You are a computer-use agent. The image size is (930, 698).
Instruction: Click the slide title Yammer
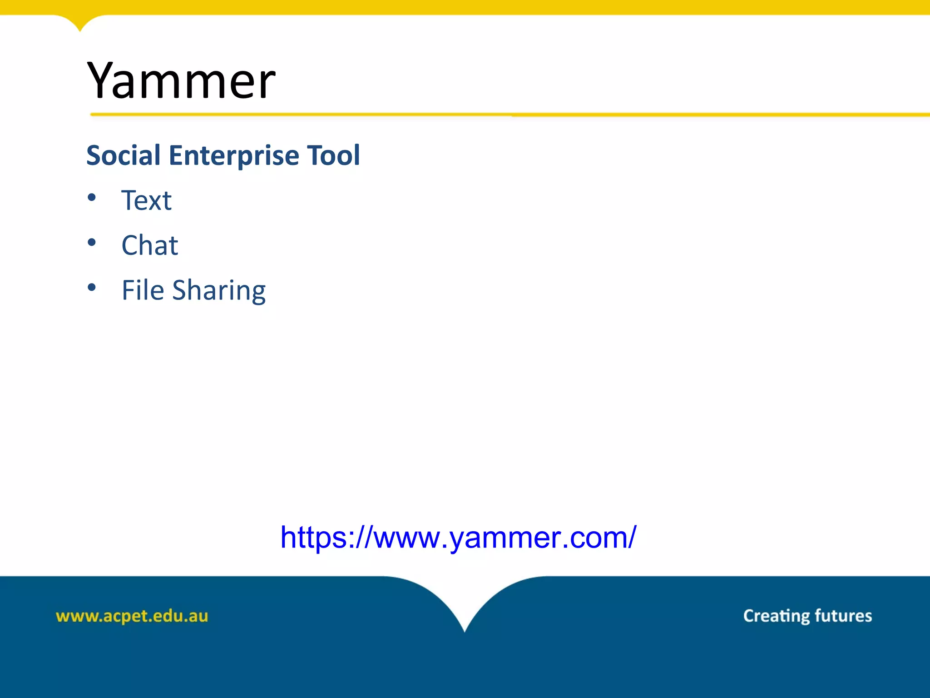[x=181, y=81]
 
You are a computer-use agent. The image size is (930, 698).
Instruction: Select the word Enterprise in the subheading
[x=233, y=155]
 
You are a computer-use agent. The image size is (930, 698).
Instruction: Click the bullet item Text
[x=146, y=200]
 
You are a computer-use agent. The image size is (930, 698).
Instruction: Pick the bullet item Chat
[x=149, y=245]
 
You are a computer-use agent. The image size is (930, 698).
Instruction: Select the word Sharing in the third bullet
[x=219, y=291]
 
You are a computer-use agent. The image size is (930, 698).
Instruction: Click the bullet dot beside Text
[x=92, y=197]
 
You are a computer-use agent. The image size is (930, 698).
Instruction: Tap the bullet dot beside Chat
[x=92, y=242]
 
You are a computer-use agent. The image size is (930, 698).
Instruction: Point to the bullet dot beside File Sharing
[x=92, y=287]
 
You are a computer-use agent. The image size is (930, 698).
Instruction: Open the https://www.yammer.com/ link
[x=458, y=538]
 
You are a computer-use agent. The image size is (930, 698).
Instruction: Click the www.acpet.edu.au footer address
[x=132, y=616]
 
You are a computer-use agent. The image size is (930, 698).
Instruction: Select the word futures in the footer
[x=843, y=616]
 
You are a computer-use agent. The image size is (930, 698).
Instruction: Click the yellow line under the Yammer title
[x=500, y=115]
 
